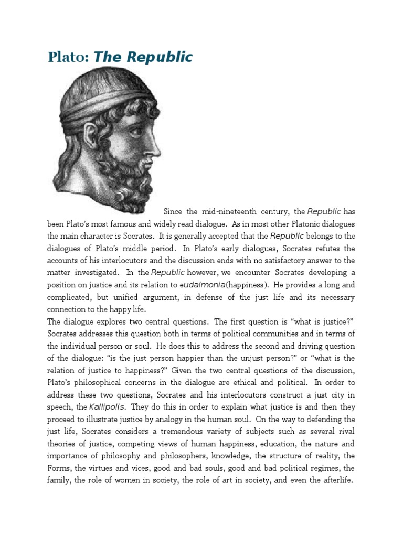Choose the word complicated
73,297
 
